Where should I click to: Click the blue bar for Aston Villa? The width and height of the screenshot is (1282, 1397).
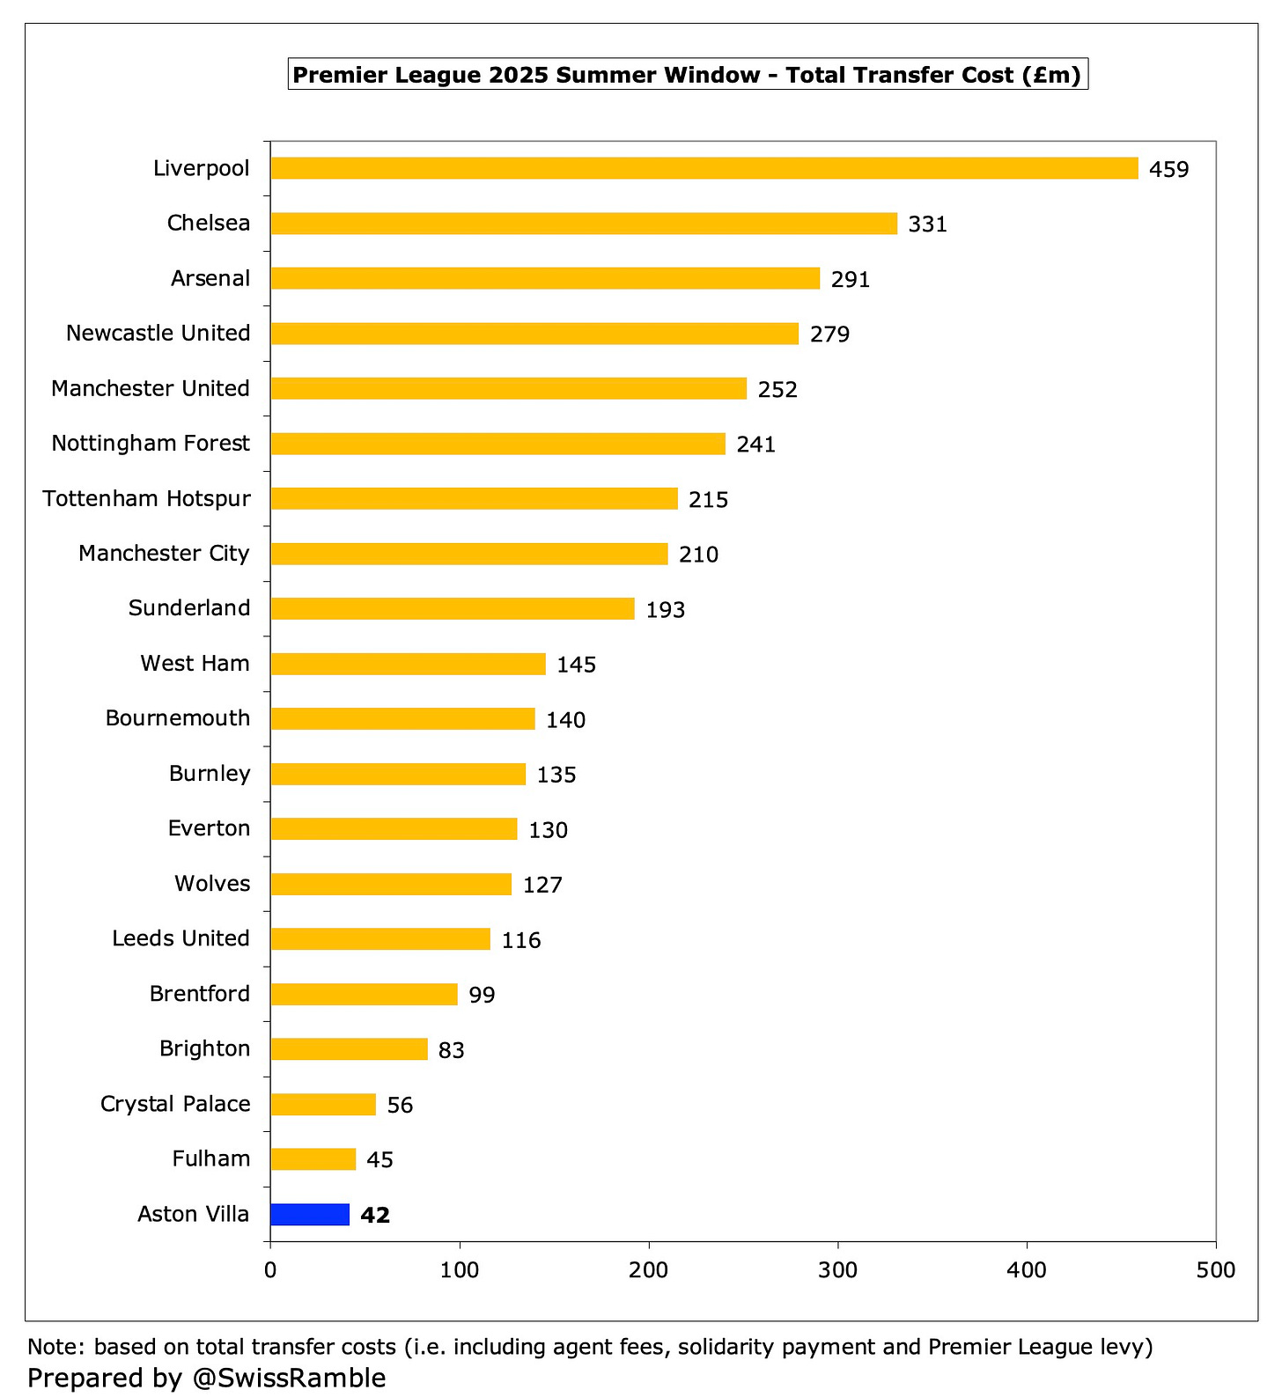click(309, 1214)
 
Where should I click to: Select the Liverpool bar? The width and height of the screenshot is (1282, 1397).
click(704, 168)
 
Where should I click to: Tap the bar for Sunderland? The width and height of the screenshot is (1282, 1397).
click(452, 608)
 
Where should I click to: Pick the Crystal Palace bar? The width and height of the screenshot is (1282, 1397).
click(323, 1104)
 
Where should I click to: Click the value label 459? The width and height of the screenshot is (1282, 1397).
click(1168, 169)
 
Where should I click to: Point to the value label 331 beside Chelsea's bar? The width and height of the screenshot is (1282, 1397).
click(927, 224)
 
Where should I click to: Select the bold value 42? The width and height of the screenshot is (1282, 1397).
click(375, 1215)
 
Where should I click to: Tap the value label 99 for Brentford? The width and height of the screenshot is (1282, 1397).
click(482, 995)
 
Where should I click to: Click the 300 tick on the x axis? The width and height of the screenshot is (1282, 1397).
click(837, 1270)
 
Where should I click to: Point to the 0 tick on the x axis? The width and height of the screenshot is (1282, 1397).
click(270, 1270)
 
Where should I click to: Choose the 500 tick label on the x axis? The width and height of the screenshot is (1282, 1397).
click(1216, 1270)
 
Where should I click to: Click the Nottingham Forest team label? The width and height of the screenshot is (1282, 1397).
click(151, 444)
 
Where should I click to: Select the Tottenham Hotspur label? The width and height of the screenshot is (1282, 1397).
click(146, 499)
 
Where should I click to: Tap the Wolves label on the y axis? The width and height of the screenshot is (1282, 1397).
click(212, 884)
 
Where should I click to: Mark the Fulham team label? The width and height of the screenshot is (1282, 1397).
click(211, 1158)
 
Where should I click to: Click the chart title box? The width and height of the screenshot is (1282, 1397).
click(688, 75)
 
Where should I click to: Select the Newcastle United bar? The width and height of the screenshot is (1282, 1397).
click(534, 334)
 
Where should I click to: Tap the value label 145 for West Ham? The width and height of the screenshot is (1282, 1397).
click(576, 665)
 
